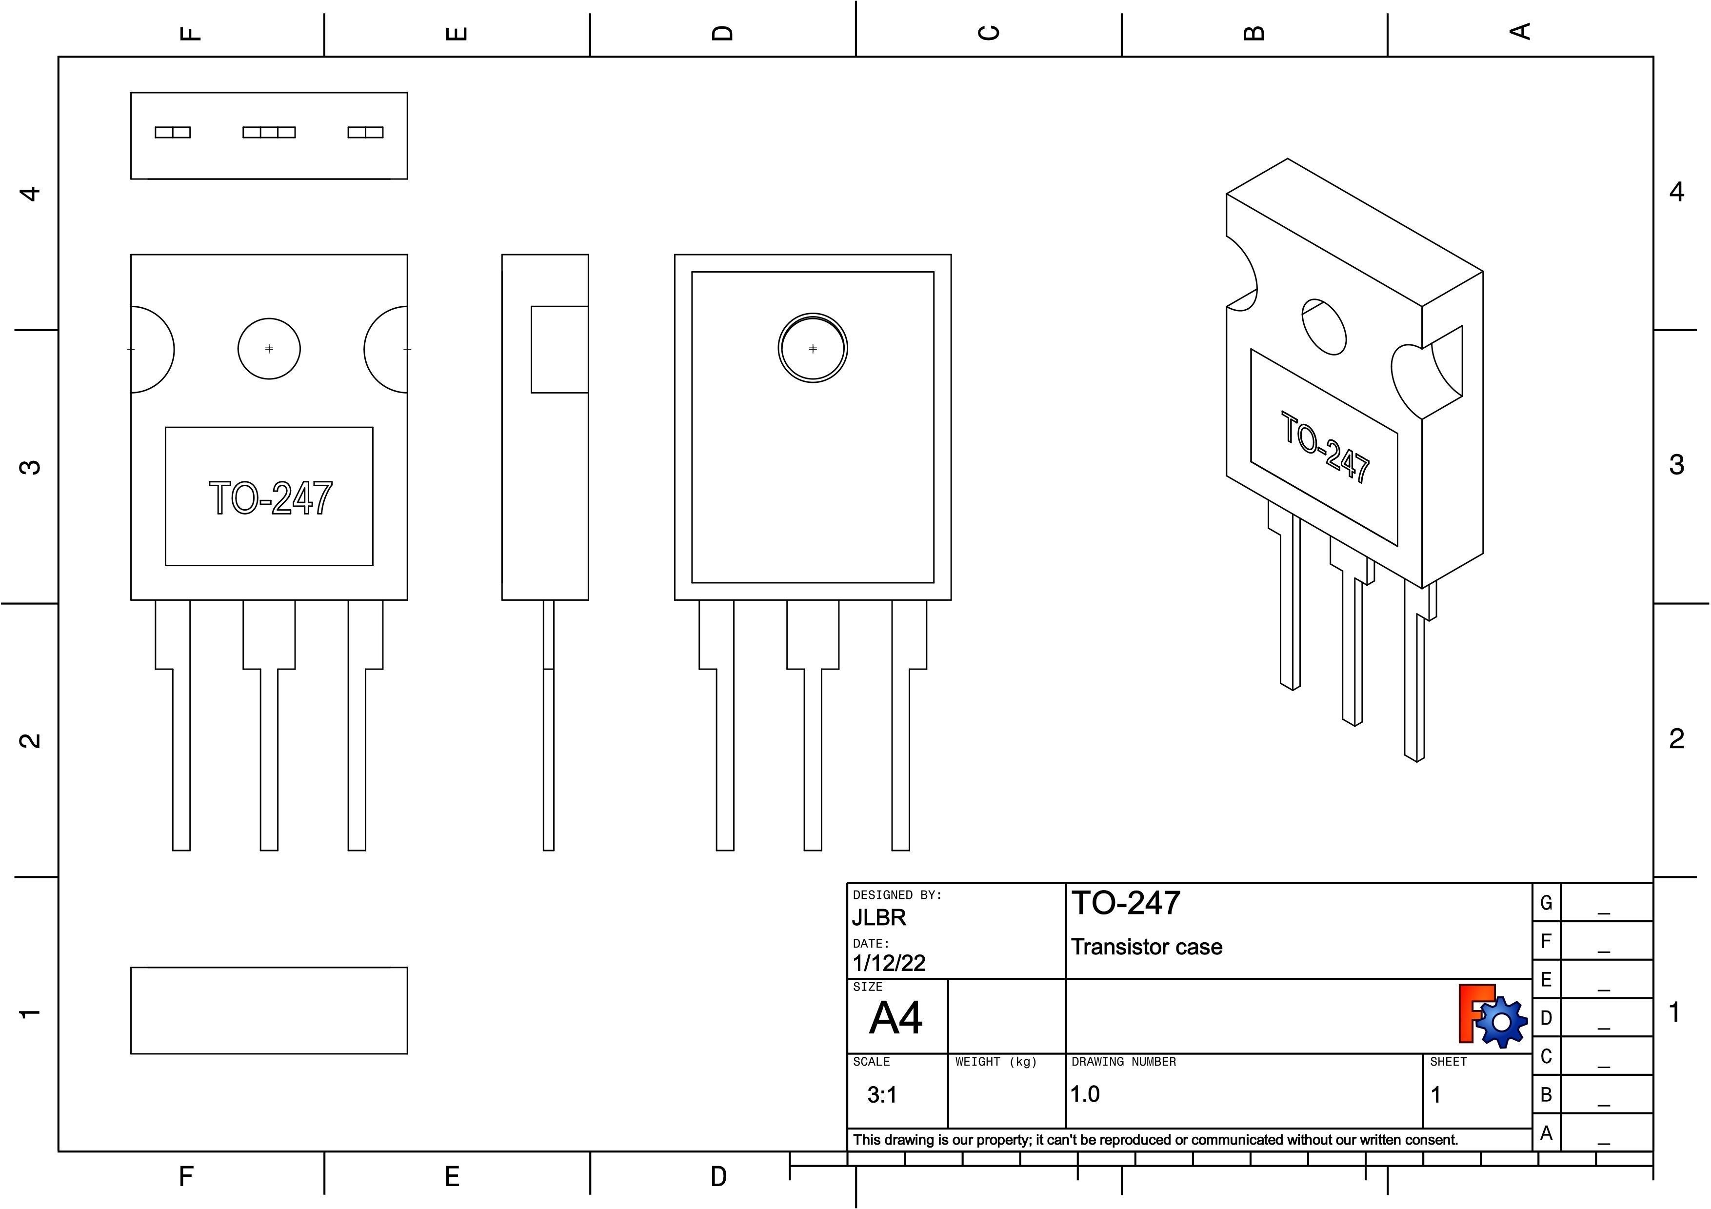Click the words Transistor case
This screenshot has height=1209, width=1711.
click(1146, 948)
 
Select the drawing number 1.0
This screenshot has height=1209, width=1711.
click(1085, 1094)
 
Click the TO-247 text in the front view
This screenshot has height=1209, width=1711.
click(270, 498)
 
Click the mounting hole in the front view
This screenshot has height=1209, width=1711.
click(269, 349)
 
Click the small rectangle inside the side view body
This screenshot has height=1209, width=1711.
click(559, 349)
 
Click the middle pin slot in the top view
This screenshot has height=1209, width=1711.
click(269, 133)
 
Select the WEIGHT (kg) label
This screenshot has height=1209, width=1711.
click(995, 1062)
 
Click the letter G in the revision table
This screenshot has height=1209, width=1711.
click(1546, 903)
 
